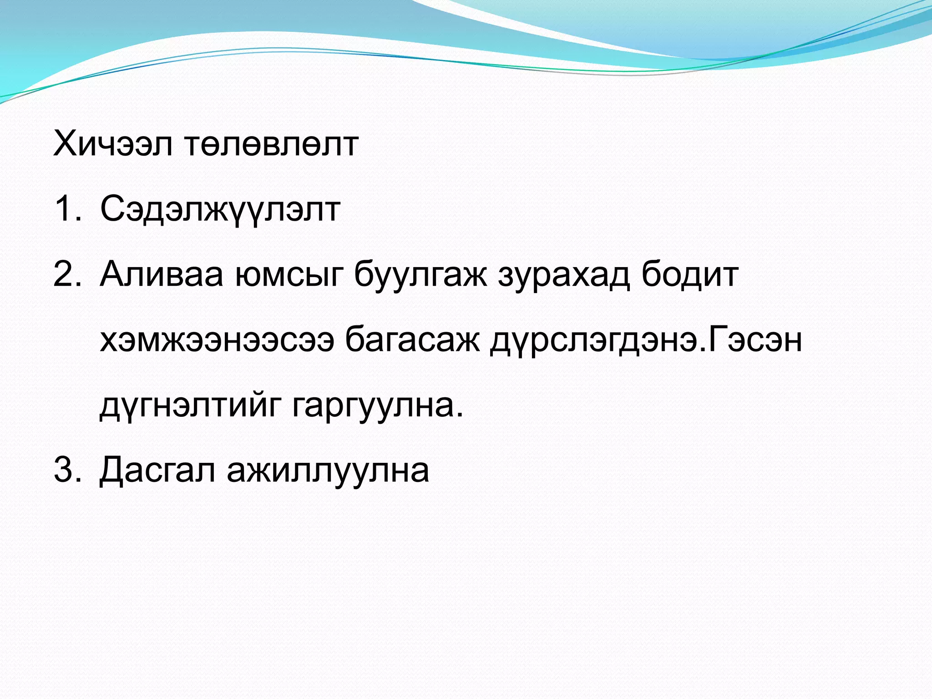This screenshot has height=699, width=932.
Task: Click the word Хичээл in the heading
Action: coord(113,144)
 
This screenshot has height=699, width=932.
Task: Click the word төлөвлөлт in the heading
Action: coord(272,144)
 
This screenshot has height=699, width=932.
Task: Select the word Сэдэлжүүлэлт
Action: coord(220,209)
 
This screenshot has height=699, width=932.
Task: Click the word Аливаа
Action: coord(162,275)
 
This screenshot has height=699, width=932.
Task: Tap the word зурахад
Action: coord(564,275)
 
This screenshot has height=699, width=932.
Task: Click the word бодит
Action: coord(690,275)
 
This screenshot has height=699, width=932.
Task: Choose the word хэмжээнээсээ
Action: coord(217,340)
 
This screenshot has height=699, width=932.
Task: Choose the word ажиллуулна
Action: coord(328,470)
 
